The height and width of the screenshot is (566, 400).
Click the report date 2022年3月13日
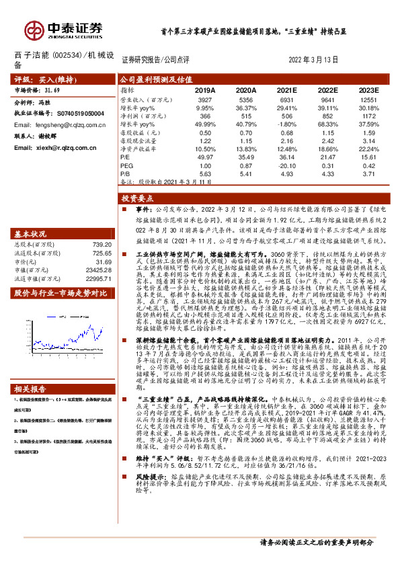(x=313, y=60)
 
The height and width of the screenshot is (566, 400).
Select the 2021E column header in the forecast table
(x=286, y=89)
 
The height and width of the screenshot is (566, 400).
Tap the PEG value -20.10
(x=286, y=165)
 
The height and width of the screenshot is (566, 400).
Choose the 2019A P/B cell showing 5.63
(x=205, y=174)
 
